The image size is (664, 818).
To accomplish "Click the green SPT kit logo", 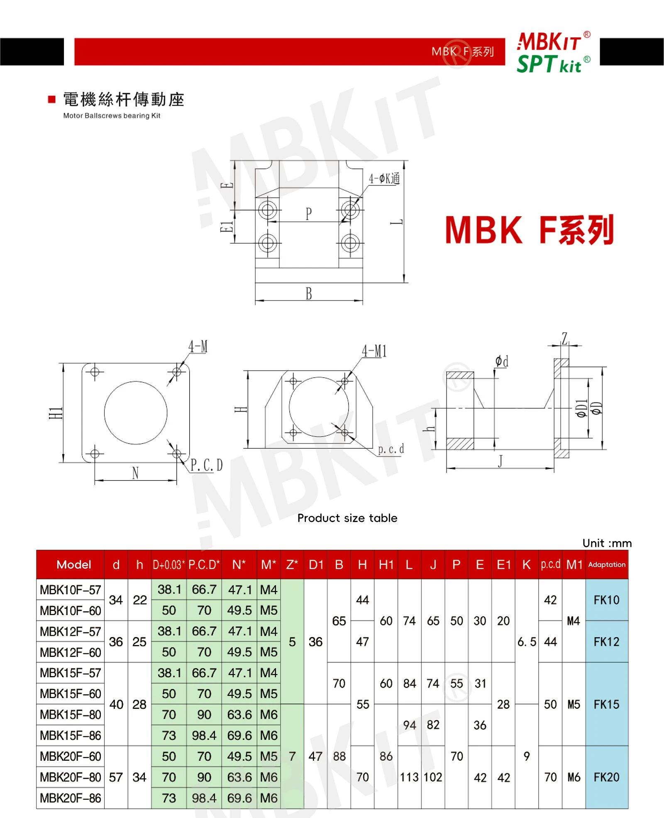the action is (553, 64).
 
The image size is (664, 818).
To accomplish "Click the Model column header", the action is (74, 564).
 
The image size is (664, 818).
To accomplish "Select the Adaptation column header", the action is (607, 564).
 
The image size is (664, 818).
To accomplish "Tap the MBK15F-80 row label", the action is (71, 714).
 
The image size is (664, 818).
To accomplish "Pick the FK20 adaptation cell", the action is (606, 777).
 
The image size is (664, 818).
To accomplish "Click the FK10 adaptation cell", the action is (606, 600).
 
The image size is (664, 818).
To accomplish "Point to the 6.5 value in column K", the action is (527, 642).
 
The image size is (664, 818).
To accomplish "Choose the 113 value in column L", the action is (409, 777).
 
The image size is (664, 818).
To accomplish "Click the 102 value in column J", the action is (433, 777).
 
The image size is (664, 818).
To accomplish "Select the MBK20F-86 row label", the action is (71, 798).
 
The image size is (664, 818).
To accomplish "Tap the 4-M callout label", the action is (198, 347).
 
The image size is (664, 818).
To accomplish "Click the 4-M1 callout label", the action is (374, 351).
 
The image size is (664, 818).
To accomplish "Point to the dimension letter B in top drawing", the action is (309, 293).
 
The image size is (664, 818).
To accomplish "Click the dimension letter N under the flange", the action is (135, 473).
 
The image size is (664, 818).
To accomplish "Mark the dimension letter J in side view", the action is (500, 461).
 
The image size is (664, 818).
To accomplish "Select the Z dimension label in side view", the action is (564, 338).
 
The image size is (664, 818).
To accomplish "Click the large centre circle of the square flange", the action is (136, 381).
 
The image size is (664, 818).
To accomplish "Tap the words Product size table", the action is (347, 518).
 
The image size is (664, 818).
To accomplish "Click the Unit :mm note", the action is (607, 543).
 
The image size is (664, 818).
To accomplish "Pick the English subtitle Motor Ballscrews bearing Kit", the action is (112, 116).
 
